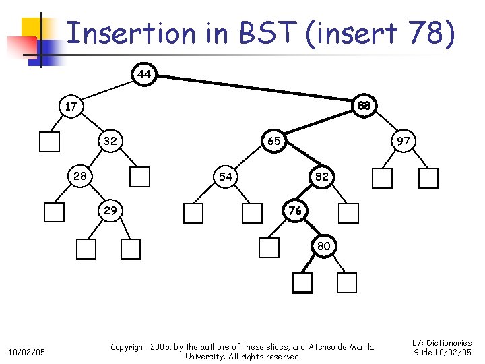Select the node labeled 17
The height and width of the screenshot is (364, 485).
tap(71, 107)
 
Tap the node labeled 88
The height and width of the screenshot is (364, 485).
tap(364, 106)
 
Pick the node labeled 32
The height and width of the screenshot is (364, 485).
tap(110, 142)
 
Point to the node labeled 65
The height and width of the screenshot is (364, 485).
tap(274, 142)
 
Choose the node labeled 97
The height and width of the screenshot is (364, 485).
tap(403, 142)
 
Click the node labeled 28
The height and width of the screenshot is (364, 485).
tap(79, 177)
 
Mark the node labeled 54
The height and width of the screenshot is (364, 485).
tap(225, 177)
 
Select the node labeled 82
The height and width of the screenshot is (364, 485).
tap(321, 177)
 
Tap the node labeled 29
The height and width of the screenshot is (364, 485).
tap(110, 211)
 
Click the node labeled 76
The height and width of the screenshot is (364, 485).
tap(294, 211)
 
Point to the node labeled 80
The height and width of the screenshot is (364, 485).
tap(324, 246)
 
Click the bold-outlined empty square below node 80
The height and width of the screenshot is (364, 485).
tap(302, 283)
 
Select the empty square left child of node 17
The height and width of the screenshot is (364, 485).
tap(49, 142)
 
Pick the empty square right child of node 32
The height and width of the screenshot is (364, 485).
tap(139, 177)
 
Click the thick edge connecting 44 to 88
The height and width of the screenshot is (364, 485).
tap(256, 90)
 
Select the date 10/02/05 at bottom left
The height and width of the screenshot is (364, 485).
tap(26, 352)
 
